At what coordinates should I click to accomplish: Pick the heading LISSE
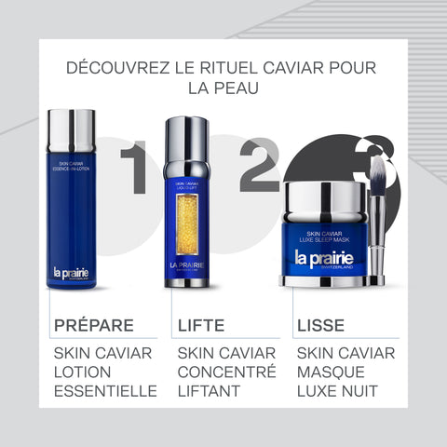[320, 326]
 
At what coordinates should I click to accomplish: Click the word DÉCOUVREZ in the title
[117, 68]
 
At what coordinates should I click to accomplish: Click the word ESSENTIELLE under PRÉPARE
[105, 391]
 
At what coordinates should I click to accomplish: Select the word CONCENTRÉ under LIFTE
[226, 372]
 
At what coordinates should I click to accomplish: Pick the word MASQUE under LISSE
[333, 372]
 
